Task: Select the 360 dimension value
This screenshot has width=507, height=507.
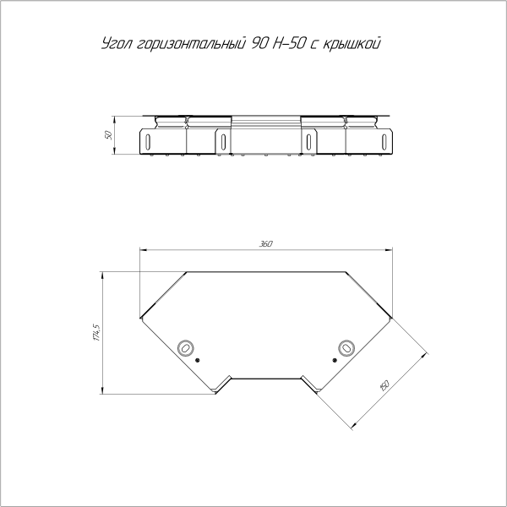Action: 266,244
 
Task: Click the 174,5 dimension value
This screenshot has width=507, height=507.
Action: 97,332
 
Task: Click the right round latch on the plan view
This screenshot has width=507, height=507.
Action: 346,347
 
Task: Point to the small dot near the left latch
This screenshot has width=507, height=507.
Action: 197,360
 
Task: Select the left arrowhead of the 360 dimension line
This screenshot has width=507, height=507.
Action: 141,249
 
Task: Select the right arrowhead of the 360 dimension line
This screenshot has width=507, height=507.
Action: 393,249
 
